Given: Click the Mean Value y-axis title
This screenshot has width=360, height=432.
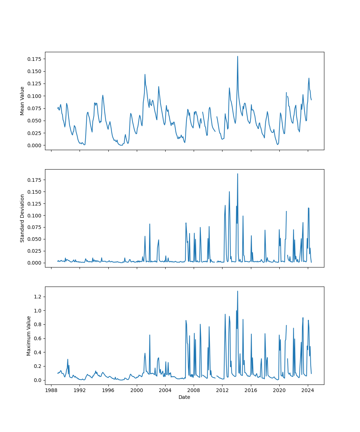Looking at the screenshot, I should [x=22, y=101].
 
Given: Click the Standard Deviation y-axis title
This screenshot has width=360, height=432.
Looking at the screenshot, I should [x=22, y=218].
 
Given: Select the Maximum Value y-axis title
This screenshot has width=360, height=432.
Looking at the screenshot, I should [x=29, y=336].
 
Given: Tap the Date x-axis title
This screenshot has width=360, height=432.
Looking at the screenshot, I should [x=184, y=397].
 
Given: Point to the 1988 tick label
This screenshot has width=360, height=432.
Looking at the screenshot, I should [x=51, y=391].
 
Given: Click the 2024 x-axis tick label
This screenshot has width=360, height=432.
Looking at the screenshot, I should [x=307, y=391].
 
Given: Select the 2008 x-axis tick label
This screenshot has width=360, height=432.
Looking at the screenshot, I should [x=194, y=391].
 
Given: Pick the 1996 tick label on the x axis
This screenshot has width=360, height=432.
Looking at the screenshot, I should [x=108, y=391].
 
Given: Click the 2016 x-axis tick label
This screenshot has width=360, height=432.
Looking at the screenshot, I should [x=251, y=391].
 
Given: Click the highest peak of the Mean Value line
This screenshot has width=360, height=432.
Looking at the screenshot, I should [x=238, y=56].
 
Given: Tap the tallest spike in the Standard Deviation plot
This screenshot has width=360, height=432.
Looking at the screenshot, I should [x=238, y=174].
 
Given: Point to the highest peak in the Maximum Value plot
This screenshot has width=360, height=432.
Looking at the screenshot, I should [x=238, y=291].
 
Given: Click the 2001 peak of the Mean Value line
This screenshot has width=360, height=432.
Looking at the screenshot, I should [x=145, y=75].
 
